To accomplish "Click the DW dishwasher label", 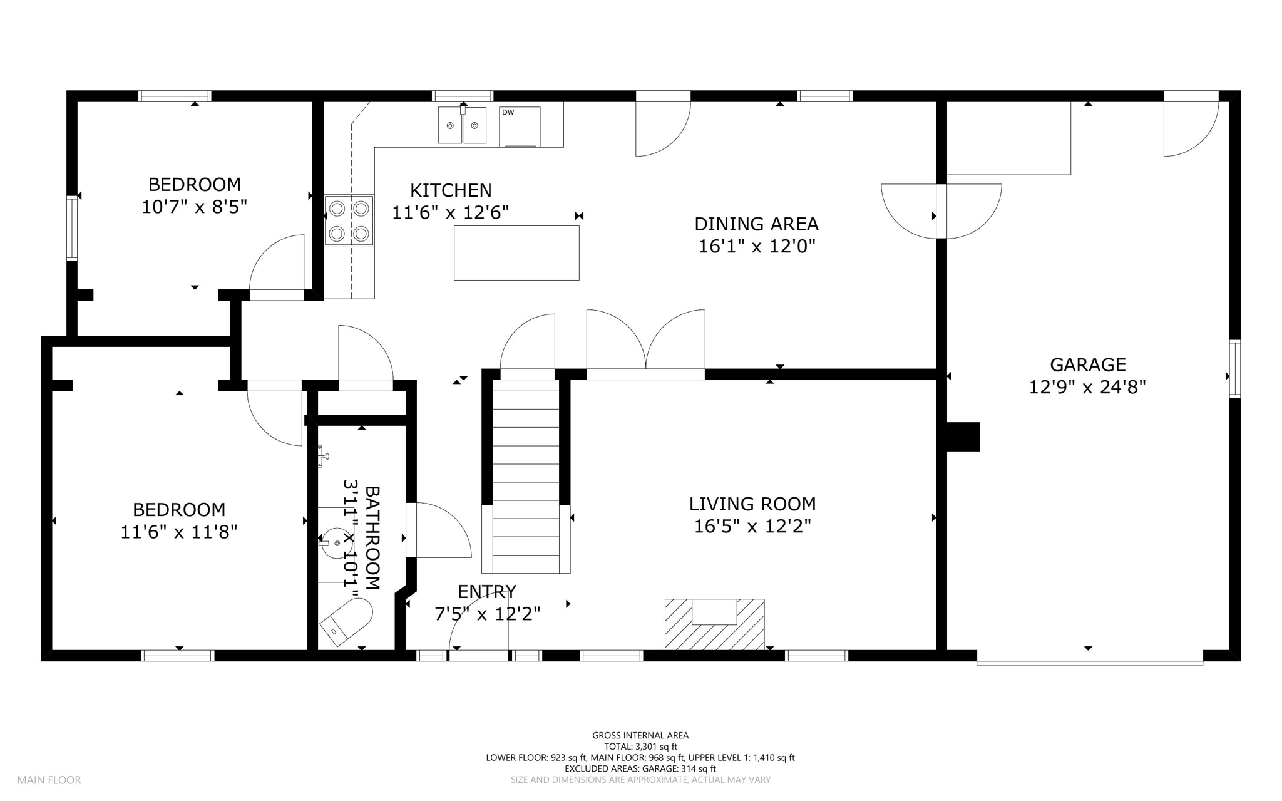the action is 508,113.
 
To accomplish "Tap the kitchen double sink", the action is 462,125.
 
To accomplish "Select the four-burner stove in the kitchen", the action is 349,220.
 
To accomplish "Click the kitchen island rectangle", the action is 516,253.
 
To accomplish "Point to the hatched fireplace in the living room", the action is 714,625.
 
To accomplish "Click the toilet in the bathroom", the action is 346,621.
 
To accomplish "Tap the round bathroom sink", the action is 337,543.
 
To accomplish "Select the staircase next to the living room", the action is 526,476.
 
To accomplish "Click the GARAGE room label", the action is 1088,364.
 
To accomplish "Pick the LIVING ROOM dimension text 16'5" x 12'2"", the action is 752,526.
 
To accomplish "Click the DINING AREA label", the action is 756,224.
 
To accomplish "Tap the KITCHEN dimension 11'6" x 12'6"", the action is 450,213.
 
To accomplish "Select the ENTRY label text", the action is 486,592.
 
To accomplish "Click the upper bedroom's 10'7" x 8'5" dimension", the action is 194,207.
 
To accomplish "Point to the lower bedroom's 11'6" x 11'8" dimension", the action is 179,532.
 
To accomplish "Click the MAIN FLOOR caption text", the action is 49,780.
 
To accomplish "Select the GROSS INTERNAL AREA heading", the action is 640,736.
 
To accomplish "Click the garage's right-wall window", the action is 1235,369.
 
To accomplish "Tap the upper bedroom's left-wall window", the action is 72,228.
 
